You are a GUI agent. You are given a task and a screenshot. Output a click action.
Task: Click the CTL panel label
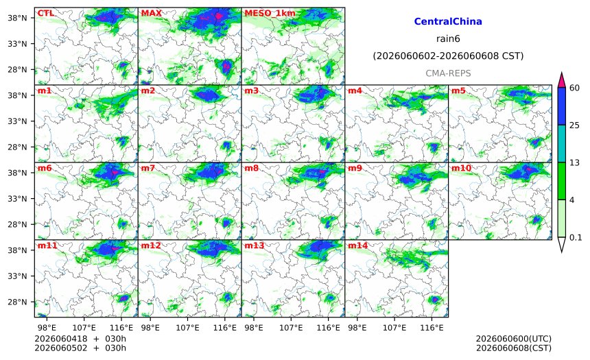pos(45,14)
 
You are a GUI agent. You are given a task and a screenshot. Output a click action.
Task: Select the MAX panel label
pos(151,14)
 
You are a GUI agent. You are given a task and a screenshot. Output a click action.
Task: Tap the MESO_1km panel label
pos(270,14)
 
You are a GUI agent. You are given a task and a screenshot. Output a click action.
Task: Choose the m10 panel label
pos(461,168)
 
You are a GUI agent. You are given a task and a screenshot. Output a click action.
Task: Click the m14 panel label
pos(357,245)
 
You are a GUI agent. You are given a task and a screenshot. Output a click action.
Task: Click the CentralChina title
pos(448,21)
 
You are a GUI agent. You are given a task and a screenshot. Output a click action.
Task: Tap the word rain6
pos(448,39)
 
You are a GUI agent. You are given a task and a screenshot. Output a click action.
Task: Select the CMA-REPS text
pos(448,73)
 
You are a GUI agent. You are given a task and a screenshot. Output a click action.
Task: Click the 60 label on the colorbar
pos(574,88)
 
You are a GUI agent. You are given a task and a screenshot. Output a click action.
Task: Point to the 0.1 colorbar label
pos(576,237)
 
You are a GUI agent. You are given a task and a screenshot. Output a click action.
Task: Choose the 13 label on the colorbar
pos(574,163)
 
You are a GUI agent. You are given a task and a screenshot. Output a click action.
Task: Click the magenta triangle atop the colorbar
pos(562,80)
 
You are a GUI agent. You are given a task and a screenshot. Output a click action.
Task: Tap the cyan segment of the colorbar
pos(562,144)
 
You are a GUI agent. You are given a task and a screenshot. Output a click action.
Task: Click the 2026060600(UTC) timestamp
pos(514,339)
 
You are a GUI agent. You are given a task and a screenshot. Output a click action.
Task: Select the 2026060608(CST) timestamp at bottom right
pos(514,348)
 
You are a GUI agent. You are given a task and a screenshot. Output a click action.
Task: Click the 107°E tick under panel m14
pos(394,328)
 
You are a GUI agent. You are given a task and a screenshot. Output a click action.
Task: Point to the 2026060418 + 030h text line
pos(80,339)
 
